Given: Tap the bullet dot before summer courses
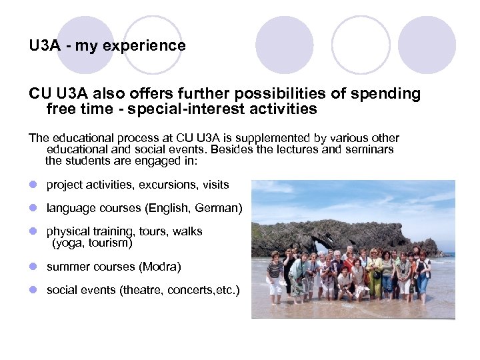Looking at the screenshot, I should click(33, 267).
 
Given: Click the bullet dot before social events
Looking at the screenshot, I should click(33, 291).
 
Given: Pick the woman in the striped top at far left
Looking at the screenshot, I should click(275, 273).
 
